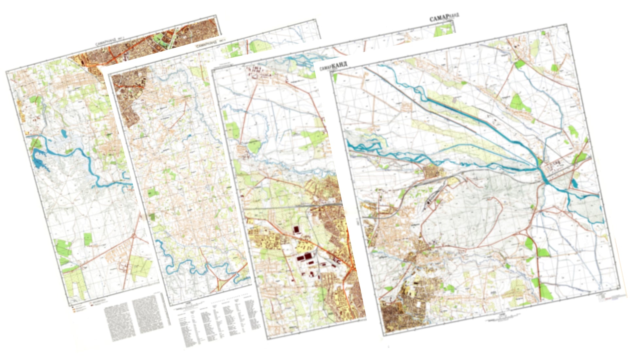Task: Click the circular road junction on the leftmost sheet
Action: click(x=133, y=236)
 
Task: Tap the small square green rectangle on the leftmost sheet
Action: click(x=88, y=239)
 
